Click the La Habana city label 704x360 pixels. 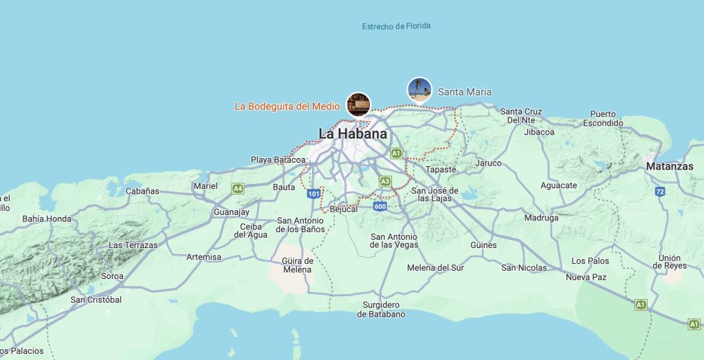pos(353,133)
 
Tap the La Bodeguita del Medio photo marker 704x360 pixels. pos(358,104)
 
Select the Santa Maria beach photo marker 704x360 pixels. pos(419,89)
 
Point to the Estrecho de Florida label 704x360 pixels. pos(396,26)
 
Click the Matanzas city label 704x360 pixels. pos(669,166)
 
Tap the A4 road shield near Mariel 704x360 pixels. pos(238,188)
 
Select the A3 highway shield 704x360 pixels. pos(386,181)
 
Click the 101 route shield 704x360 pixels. pos(313,194)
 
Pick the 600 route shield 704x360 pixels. pos(380,206)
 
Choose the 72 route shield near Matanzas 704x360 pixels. pos(660,191)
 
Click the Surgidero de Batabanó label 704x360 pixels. pos(381,309)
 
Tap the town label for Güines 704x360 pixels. pos(483,245)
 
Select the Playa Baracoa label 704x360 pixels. pos(278,159)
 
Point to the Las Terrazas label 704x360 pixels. pos(133,245)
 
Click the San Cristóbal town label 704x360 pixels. pos(96,300)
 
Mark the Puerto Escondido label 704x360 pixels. pos(602,118)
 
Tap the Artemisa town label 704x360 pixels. pos(204,257)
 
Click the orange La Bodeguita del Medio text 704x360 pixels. pos(287,106)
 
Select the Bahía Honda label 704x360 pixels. pos(47,219)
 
